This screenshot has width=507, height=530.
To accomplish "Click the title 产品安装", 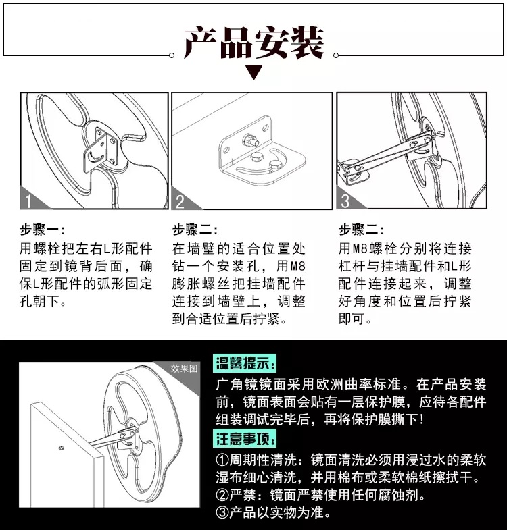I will coord(254,43).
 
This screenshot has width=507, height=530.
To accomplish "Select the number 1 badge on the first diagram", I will coord(28,201).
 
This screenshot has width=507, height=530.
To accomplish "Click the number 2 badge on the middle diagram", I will coord(180,201).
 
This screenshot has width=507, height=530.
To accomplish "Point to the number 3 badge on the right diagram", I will coord(345,201).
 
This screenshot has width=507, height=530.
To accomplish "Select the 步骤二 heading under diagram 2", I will coord(195,230).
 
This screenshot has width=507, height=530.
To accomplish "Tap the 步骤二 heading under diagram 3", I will coord(362,230).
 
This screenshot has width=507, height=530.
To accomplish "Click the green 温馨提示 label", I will coord(245,365).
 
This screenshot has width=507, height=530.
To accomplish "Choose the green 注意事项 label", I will coord(245,440).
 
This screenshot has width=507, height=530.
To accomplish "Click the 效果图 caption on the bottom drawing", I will coord(184,369).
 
